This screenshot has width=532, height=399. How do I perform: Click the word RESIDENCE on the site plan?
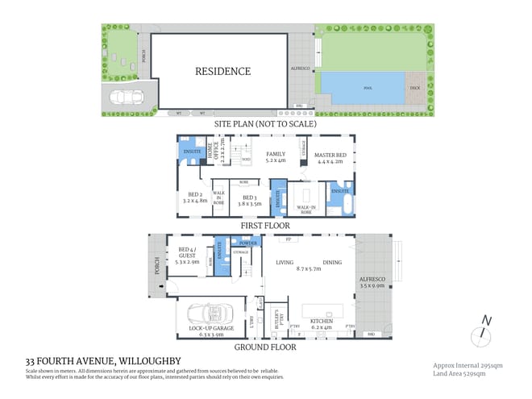point(222,71)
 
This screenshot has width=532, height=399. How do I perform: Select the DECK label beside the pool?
point(414,88)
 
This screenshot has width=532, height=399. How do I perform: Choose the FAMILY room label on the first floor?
point(275,156)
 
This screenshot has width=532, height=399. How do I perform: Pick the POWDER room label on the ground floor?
point(248,242)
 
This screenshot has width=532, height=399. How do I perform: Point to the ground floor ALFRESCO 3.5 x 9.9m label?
point(372,283)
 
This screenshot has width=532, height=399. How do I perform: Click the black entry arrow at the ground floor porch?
point(161,285)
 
